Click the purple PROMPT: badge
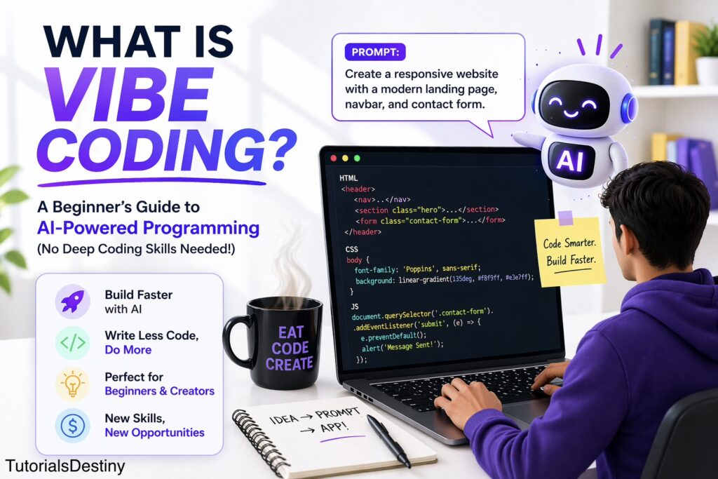pyautogui.click(x=375, y=52)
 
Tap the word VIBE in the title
pyautogui.click(x=129, y=95)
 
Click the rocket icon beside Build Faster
pyautogui.click(x=72, y=302)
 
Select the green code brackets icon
pyautogui.click(x=72, y=342)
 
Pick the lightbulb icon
pyautogui.click(x=72, y=384)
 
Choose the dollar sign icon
pyautogui.click(x=72, y=426)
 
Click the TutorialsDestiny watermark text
pyautogui.click(x=65, y=466)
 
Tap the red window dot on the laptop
pyautogui.click(x=333, y=158)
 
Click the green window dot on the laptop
pyautogui.click(x=357, y=158)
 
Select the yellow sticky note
pyautogui.click(x=569, y=251)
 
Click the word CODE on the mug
pyautogui.click(x=290, y=349)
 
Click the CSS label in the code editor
pyautogui.click(x=352, y=249)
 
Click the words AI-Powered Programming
pyautogui.click(x=149, y=228)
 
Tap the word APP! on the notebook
pyautogui.click(x=334, y=428)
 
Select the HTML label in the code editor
pyautogui.click(x=348, y=177)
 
